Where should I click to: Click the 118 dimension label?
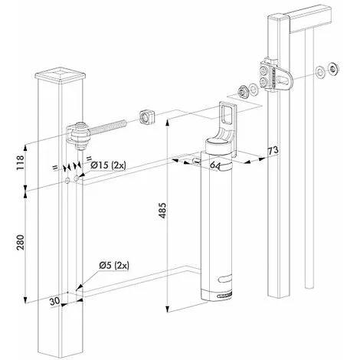coord(20,162)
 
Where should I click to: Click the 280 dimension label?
coord(20,242)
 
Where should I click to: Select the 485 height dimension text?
coord(162,211)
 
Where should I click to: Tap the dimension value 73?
coord(273,150)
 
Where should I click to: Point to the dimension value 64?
coord(215,165)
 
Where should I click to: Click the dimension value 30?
coord(54,301)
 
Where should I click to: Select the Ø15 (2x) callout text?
coord(108,165)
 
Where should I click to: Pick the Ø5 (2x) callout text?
coord(114,266)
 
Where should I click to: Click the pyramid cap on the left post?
coord(60,74)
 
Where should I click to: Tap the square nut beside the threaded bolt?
coord(148,117)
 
